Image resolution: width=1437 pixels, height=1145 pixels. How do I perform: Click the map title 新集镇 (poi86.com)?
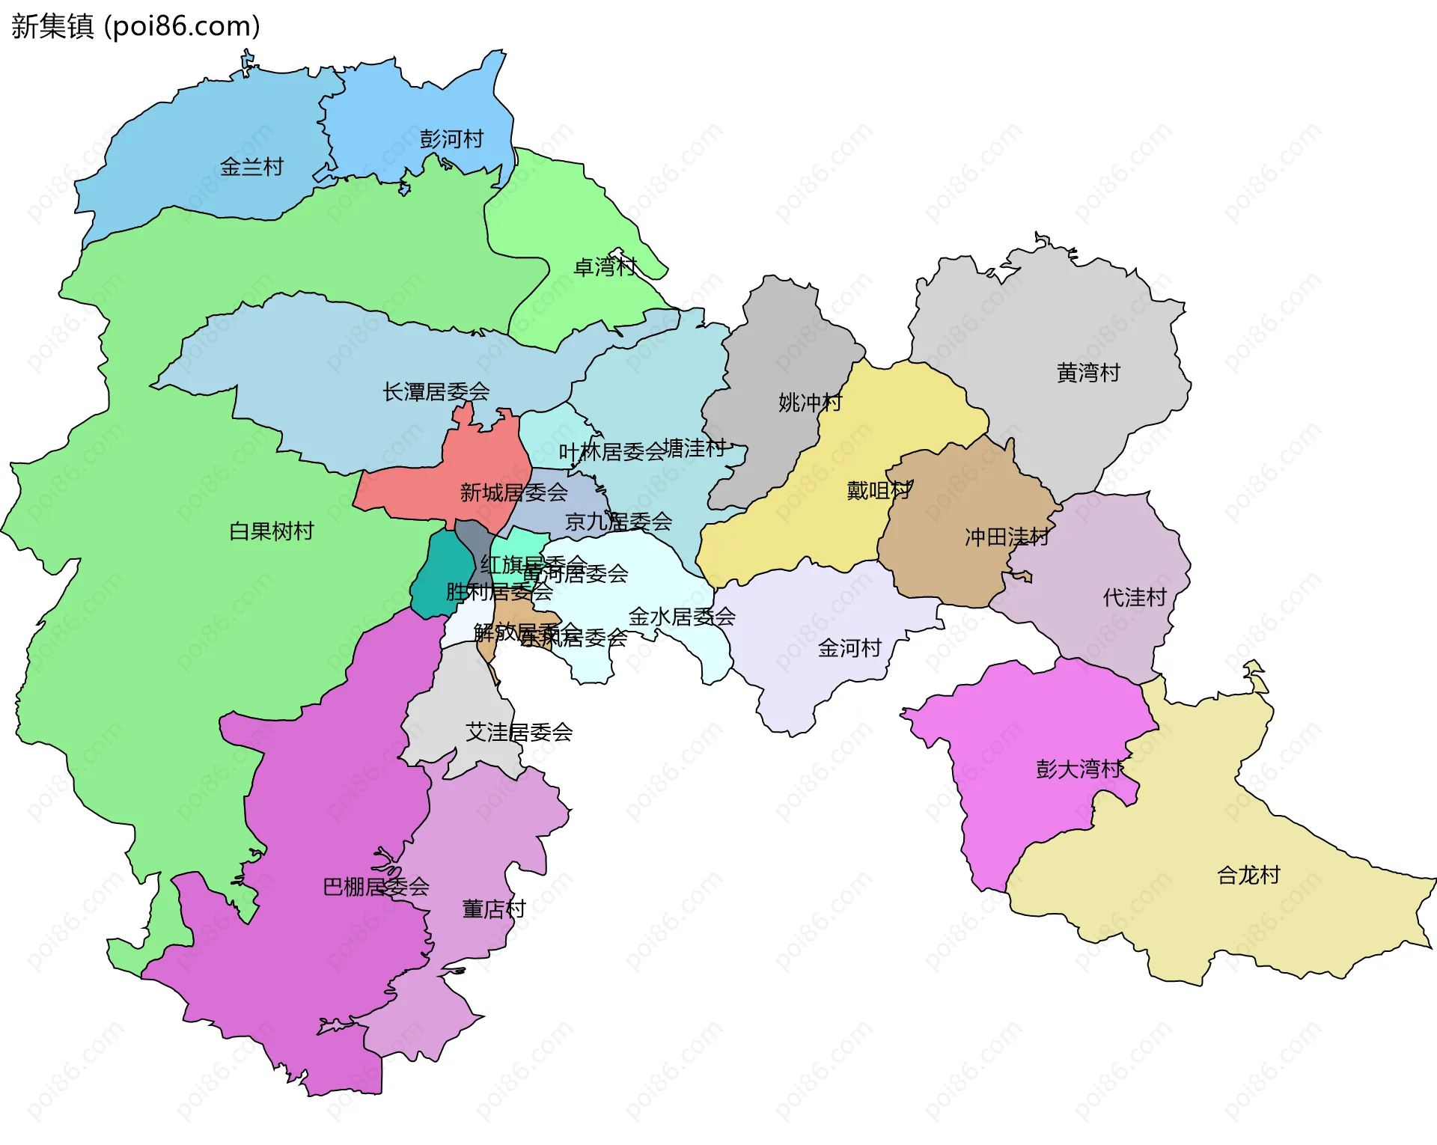[135, 26]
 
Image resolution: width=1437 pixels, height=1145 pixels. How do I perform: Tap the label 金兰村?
[251, 167]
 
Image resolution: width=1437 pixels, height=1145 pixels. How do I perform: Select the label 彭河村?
[451, 139]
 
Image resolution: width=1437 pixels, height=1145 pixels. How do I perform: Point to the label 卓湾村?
[605, 267]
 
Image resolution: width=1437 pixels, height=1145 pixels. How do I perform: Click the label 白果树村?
[271, 531]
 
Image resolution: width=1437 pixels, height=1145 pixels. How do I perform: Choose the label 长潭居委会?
[436, 391]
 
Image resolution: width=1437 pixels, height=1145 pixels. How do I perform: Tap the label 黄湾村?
[1088, 373]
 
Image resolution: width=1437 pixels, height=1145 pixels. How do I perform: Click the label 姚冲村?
[810, 403]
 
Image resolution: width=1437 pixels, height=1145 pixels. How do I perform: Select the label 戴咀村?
[879, 491]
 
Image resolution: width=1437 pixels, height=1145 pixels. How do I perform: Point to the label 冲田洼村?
[1006, 537]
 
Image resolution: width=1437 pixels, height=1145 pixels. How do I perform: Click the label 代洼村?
[1135, 597]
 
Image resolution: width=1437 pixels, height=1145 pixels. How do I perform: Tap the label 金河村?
[849, 648]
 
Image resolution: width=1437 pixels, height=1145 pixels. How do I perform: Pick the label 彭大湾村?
[1079, 769]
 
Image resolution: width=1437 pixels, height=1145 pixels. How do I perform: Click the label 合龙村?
[1248, 875]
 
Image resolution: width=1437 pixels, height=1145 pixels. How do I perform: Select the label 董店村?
[494, 909]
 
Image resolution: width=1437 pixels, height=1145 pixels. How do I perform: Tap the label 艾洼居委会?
[519, 732]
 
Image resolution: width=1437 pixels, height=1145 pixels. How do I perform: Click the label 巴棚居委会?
[376, 887]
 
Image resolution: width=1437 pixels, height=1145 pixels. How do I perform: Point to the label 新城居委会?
[513, 492]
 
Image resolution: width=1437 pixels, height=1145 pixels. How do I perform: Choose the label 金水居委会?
[682, 617]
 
